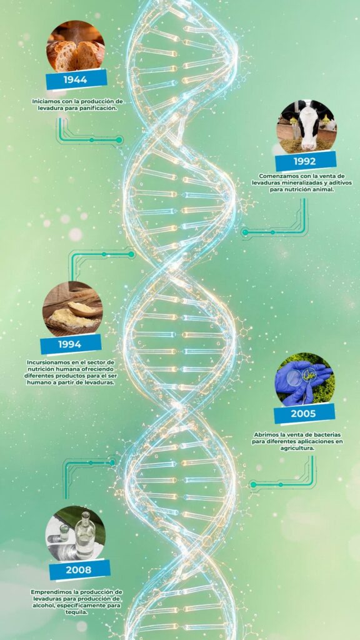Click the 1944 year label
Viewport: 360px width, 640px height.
pyautogui.click(x=76, y=79)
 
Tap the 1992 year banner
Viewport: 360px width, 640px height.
pyautogui.click(x=305, y=161)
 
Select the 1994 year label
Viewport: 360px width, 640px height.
pyautogui.click(x=71, y=344)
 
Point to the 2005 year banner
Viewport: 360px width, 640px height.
pyautogui.click(x=304, y=414)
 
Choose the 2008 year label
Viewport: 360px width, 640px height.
pyautogui.click(x=79, y=570)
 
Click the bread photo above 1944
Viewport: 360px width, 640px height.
pyautogui.click(x=75, y=46)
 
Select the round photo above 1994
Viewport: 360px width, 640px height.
pyautogui.click(x=72, y=309)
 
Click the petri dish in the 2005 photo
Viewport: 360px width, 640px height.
pyautogui.click(x=295, y=378)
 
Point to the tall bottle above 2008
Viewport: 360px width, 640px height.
pyautogui.click(x=85, y=535)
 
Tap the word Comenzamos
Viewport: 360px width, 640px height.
pyautogui.click(x=275, y=176)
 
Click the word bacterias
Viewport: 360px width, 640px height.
pyautogui.click(x=327, y=435)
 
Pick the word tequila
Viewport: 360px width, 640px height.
pyautogui.click(x=77, y=612)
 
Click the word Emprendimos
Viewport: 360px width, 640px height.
pyautogui.click(x=47, y=592)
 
